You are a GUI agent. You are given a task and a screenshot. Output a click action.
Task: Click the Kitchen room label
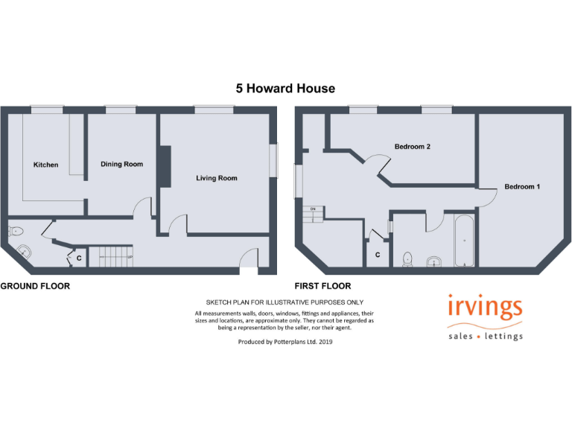(45, 165)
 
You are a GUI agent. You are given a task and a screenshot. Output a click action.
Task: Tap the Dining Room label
(121, 164)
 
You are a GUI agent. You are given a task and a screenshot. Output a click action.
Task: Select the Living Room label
(217, 178)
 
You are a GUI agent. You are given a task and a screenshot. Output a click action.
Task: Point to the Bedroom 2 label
(412, 147)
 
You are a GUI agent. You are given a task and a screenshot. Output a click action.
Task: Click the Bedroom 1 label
(522, 186)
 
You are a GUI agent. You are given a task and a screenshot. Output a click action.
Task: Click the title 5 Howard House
(285, 89)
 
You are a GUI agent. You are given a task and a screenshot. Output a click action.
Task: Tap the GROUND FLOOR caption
(35, 286)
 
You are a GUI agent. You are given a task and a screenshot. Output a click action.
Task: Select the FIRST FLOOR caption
(323, 286)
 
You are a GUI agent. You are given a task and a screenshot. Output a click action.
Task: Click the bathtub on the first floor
(463, 241)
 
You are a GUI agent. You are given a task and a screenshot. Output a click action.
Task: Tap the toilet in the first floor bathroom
(407, 258)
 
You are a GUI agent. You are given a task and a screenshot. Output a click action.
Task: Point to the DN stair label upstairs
(313, 209)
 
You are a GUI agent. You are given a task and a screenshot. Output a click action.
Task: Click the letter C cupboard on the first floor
(378, 255)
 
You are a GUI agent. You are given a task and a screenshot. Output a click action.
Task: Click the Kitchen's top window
(45, 109)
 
